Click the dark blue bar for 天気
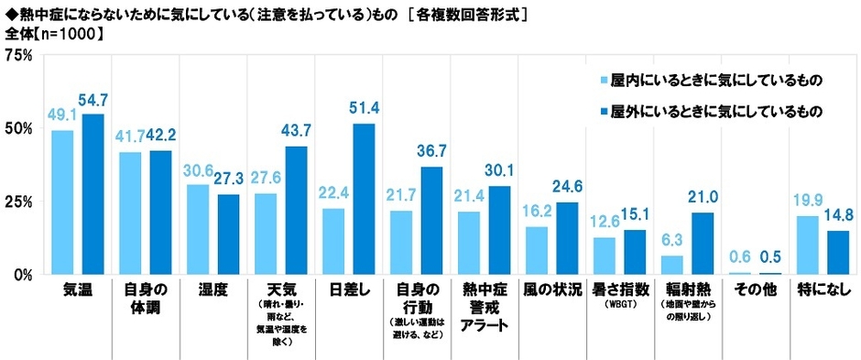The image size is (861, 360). tap(296, 210)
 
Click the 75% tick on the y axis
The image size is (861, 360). tap(19, 55)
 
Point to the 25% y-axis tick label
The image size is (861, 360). tap(19, 202)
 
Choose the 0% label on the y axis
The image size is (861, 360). tap(24, 274)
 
